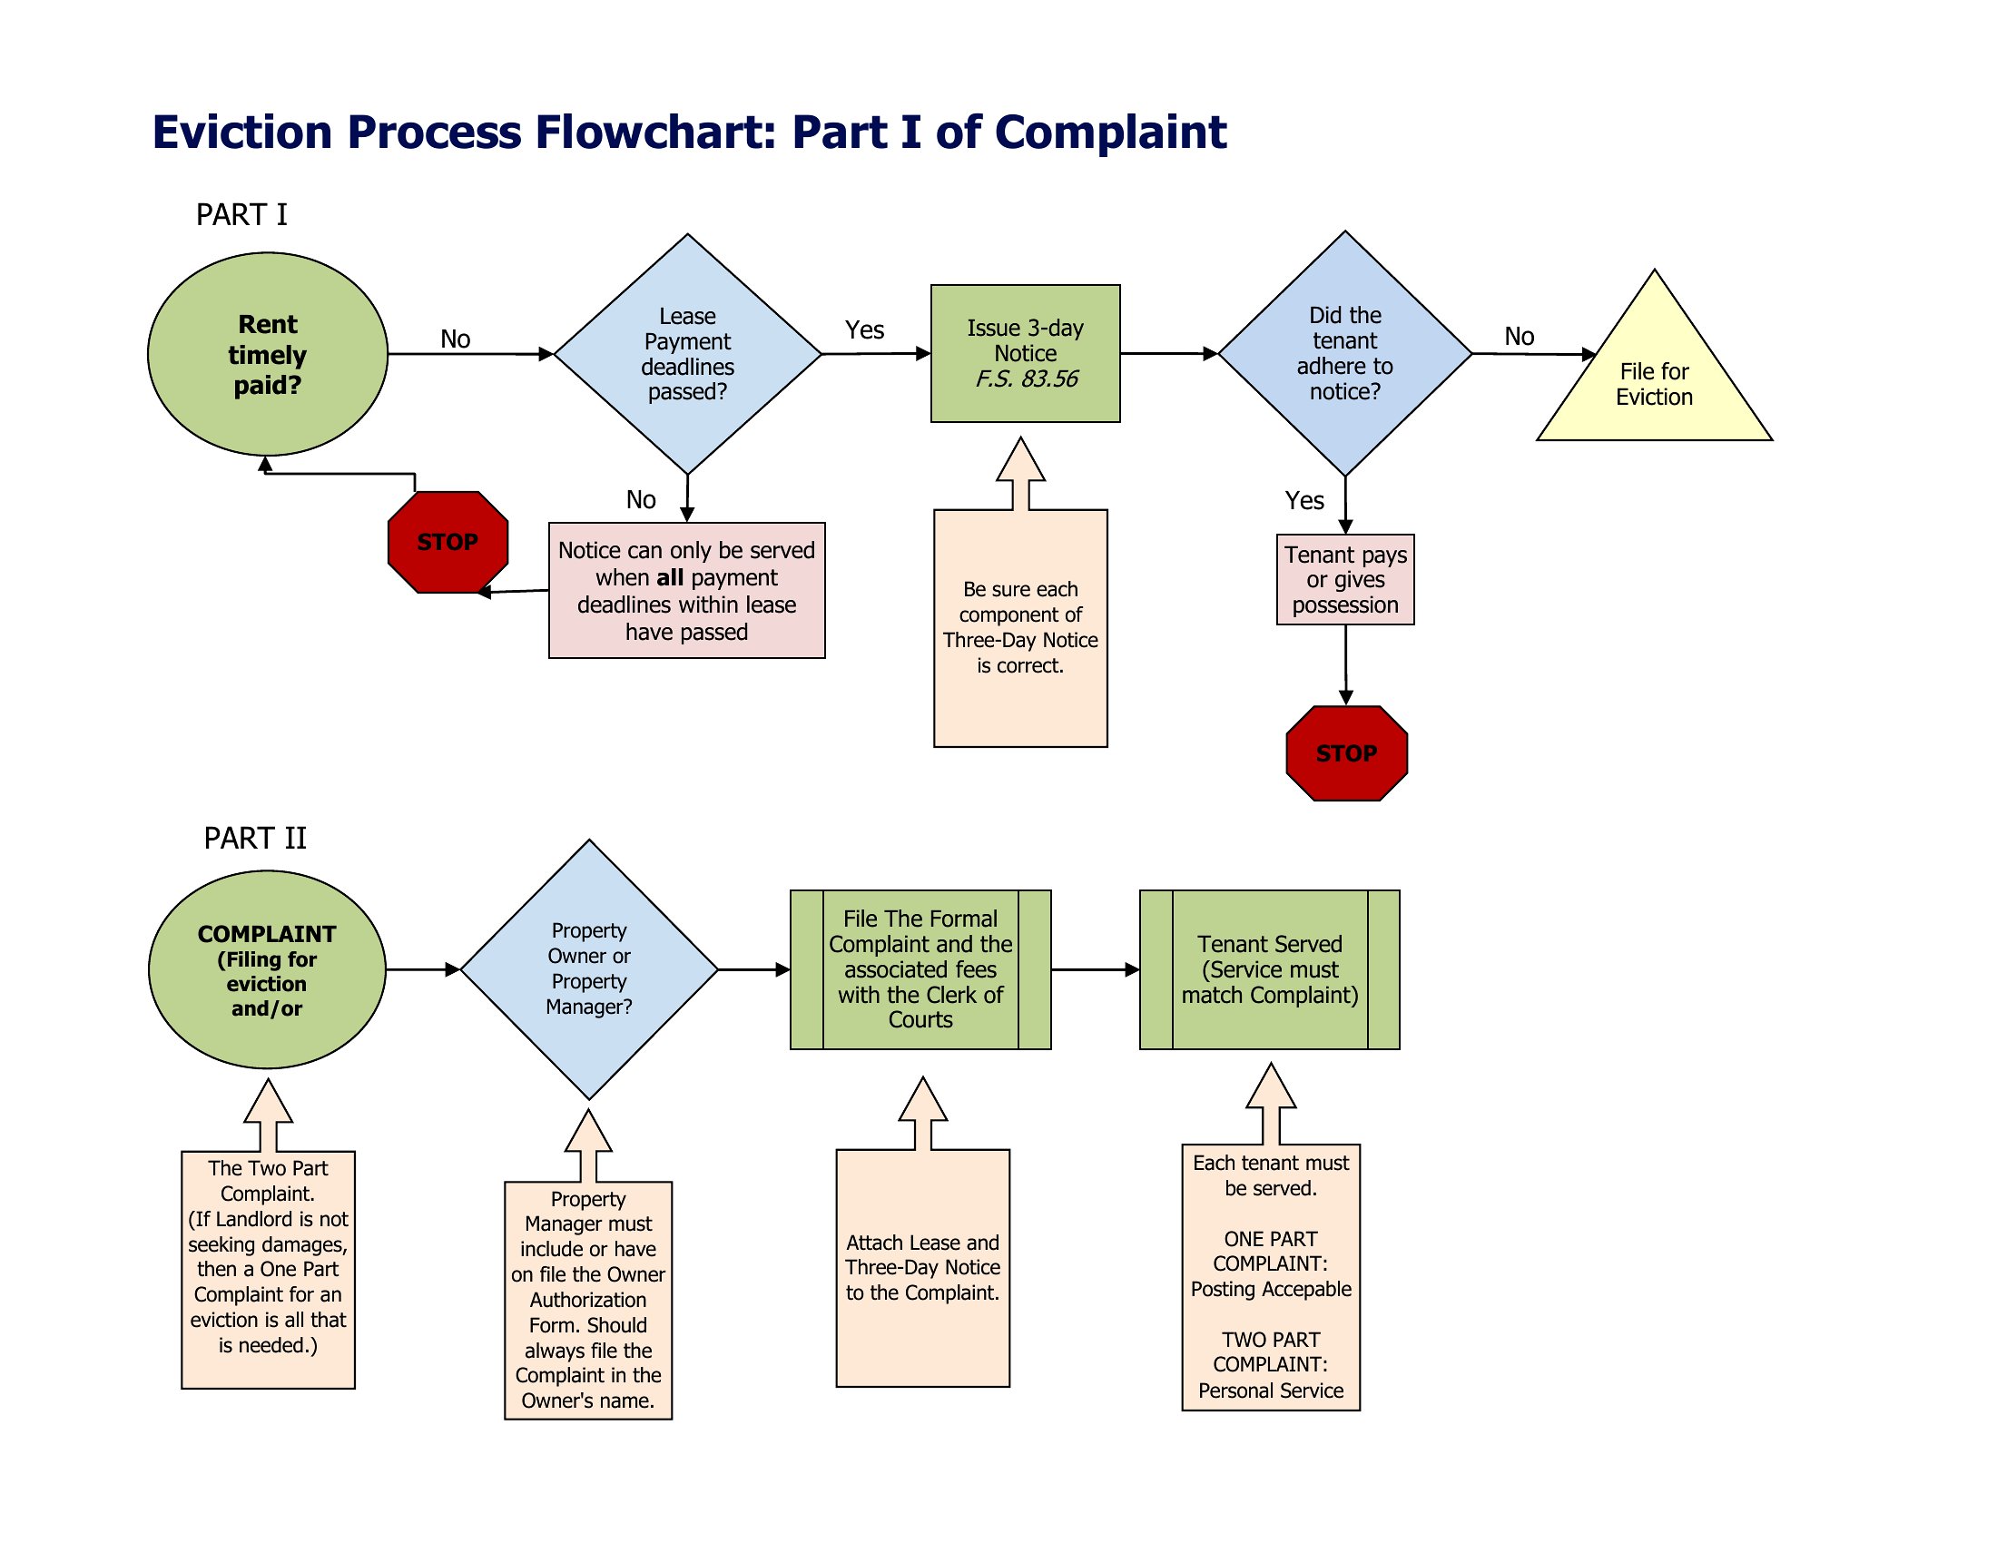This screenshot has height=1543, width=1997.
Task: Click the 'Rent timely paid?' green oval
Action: tap(267, 354)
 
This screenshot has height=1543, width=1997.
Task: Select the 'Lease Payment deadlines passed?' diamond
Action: tap(688, 354)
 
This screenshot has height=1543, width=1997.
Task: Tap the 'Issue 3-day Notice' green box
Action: tap(1025, 354)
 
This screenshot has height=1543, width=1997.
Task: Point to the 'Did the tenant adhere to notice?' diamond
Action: tap(1345, 354)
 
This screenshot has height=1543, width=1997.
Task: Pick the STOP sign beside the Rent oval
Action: tap(448, 542)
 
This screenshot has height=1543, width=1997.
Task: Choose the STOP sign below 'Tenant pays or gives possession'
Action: tap(1347, 753)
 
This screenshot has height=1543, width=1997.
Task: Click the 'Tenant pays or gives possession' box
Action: tap(1345, 580)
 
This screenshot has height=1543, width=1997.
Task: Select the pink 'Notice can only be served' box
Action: tap(687, 591)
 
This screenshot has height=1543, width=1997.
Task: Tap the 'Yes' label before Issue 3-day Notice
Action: tap(864, 330)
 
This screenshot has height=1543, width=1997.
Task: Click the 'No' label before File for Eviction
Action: tap(1519, 337)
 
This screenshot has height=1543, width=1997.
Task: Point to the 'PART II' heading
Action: tap(255, 839)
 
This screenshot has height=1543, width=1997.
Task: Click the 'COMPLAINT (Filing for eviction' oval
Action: tap(267, 970)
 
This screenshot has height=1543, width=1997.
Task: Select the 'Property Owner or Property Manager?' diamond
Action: tap(589, 969)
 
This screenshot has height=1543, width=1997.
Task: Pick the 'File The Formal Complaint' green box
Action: tap(920, 970)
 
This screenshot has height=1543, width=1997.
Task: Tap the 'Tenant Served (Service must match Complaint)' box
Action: tap(1270, 970)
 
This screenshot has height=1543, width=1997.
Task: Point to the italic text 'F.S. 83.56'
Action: tap(1026, 378)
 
